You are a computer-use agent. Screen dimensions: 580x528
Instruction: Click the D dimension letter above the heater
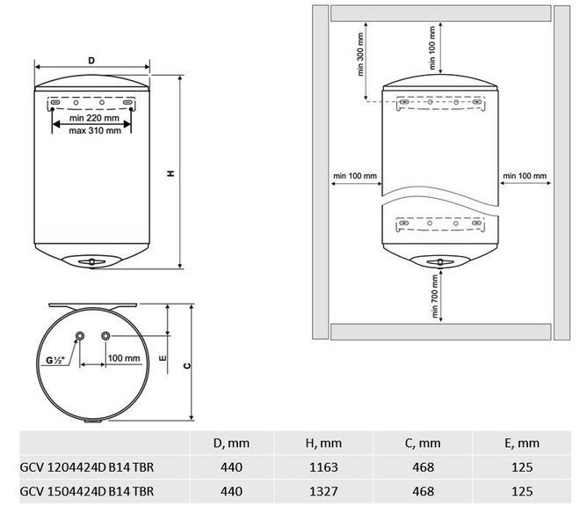tap(91, 61)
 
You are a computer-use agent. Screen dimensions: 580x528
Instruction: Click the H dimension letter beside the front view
tap(170, 173)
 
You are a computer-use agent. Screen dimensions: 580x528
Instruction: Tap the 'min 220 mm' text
tap(94, 118)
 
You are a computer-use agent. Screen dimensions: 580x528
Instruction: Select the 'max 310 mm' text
tap(95, 131)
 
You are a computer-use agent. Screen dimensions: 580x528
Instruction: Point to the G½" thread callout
tap(55, 360)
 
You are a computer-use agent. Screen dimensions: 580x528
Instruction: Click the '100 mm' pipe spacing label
tap(124, 358)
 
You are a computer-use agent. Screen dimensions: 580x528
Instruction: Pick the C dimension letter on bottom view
tap(187, 366)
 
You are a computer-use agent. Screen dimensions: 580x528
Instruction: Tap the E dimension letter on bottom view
tap(163, 358)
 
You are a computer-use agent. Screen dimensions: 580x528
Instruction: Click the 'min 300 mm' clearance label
tap(360, 55)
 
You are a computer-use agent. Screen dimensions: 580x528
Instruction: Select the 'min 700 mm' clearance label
tap(435, 296)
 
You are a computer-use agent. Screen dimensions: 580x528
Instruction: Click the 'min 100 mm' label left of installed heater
tap(355, 176)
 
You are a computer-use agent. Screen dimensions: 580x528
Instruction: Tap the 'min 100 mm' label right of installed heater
tap(525, 176)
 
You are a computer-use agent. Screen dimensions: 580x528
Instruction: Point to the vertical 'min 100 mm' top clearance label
tap(432, 48)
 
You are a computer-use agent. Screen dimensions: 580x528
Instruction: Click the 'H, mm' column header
tap(323, 444)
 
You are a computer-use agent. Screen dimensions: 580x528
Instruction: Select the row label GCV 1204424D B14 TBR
tap(86, 467)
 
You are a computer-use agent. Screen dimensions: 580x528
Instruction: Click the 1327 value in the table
tap(323, 491)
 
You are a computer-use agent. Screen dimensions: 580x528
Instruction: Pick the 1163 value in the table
tap(323, 467)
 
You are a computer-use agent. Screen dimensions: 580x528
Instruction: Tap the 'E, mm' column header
tap(522, 444)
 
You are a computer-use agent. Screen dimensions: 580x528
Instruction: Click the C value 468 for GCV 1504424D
tap(423, 491)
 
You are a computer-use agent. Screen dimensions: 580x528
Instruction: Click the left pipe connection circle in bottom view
tap(79, 336)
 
